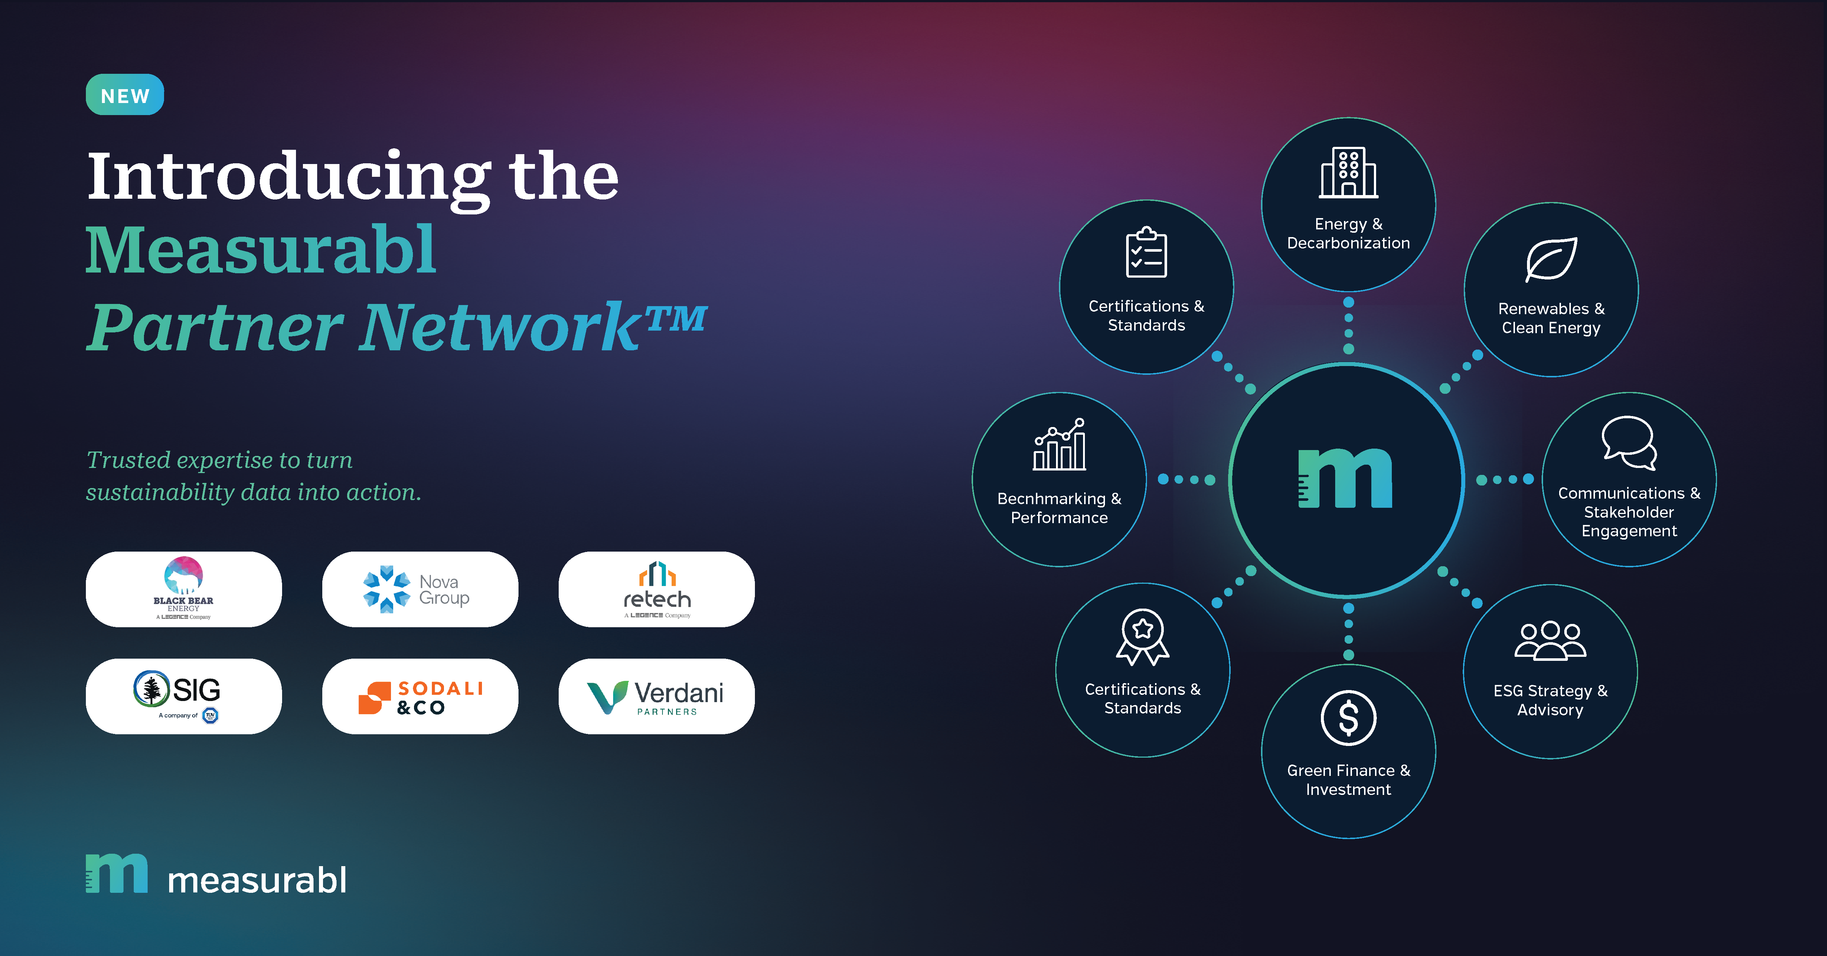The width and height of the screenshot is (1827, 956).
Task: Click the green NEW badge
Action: coord(125,94)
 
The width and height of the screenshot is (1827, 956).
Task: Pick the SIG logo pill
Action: coord(184,696)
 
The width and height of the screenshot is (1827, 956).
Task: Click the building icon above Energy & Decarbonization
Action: coord(1348,172)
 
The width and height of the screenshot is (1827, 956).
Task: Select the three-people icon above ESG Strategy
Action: coord(1550,641)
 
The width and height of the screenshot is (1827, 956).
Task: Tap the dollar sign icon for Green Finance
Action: coord(1348,718)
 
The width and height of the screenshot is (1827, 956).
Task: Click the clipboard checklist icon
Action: coord(1146,252)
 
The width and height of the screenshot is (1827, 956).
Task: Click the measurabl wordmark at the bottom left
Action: coord(257,880)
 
